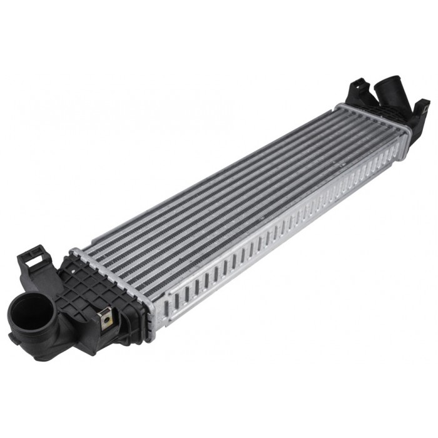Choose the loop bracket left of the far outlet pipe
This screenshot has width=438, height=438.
359,88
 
